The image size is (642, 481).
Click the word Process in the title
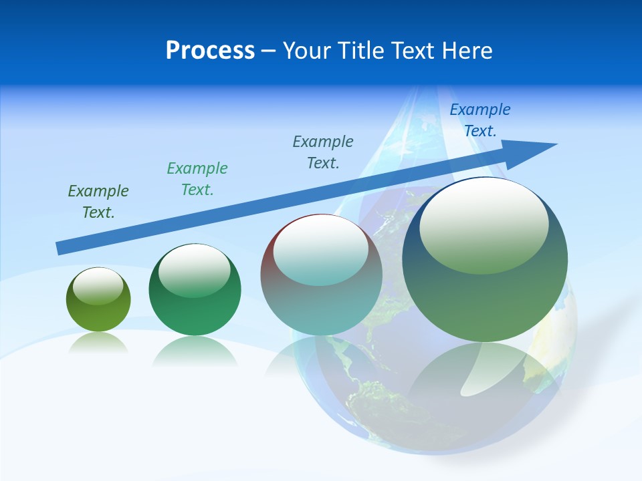pos(210,51)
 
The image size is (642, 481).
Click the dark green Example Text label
pos(98,202)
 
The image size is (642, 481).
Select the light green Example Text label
pos(197,179)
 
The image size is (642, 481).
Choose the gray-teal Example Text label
pos(323,152)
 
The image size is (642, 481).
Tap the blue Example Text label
pos(480,120)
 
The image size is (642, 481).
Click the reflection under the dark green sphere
pos(195,350)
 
